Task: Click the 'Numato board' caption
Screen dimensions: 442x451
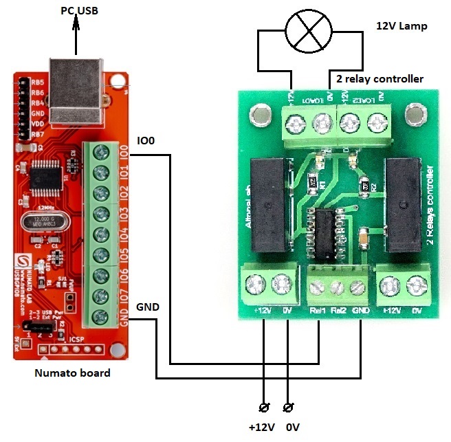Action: (x=72, y=373)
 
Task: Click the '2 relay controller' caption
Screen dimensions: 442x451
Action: (x=379, y=78)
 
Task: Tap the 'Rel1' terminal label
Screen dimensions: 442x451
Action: (x=318, y=310)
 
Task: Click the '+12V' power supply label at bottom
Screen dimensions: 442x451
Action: (x=261, y=427)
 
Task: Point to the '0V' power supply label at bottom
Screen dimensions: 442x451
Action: (x=293, y=427)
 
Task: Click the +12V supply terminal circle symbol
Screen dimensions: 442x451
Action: (x=263, y=406)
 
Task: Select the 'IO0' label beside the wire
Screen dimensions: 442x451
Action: (x=146, y=141)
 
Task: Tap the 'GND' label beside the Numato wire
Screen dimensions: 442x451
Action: (x=148, y=306)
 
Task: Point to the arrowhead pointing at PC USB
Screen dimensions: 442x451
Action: (x=76, y=21)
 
